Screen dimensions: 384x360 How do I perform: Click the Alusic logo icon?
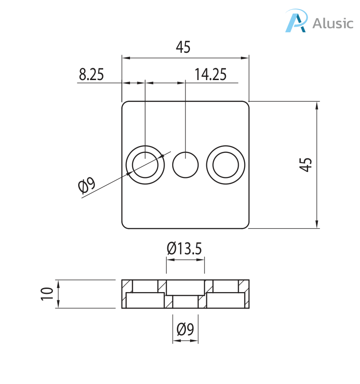coord(296,21)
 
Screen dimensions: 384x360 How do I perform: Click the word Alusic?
coord(333,23)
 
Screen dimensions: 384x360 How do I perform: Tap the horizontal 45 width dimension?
coord(183,47)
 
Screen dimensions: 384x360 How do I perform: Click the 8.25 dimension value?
coord(91,74)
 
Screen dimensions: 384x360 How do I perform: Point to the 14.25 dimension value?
coord(210,74)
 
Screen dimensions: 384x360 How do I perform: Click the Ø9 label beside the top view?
coord(86,186)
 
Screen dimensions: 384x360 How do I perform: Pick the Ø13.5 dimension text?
coord(185,248)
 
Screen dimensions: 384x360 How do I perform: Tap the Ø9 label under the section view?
coord(185,328)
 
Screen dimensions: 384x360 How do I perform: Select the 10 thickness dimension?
coord(47,294)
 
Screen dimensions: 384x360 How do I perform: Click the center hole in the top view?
coord(185,164)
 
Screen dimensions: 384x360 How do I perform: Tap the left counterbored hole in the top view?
coord(145,164)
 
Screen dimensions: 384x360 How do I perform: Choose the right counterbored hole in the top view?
coord(226,164)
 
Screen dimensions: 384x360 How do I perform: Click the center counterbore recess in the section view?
coord(185,288)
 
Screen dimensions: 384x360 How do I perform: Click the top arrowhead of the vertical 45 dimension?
coord(317,105)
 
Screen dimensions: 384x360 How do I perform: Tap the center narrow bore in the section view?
coord(185,302)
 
